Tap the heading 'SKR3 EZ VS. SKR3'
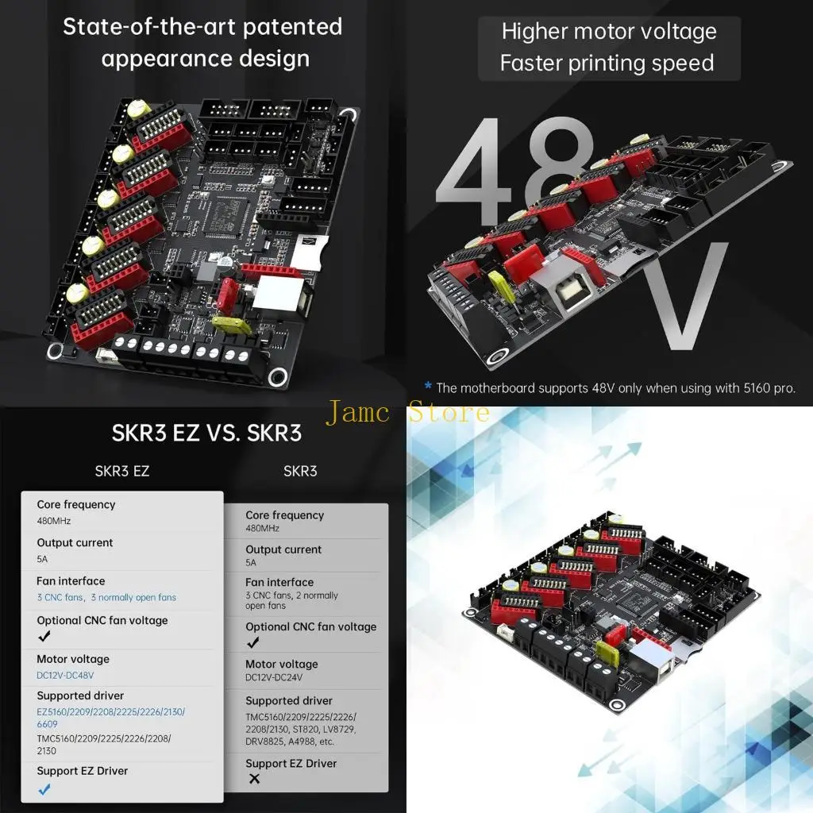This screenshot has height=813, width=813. pos(206,434)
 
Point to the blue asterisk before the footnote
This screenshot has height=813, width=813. pos(428,387)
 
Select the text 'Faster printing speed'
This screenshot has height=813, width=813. pos(607,63)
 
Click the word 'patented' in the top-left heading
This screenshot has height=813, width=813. pos(292,26)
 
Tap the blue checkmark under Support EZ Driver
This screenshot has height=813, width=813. pos(44,788)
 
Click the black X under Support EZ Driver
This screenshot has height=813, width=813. pos(254,779)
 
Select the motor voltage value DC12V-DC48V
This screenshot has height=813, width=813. pos(65,675)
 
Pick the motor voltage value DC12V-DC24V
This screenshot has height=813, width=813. pos(274,678)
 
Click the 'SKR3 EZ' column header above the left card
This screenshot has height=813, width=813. pos(122,471)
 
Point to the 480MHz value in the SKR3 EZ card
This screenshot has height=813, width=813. pos(54,521)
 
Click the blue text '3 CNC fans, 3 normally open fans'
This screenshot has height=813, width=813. pos(106,597)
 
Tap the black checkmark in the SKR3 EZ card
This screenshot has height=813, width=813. pos(44,636)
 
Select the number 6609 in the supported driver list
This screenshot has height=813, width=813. pos(48,725)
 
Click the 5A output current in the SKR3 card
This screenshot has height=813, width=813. pos(251,562)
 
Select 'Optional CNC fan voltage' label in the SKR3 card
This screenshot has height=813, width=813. pos(310,626)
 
